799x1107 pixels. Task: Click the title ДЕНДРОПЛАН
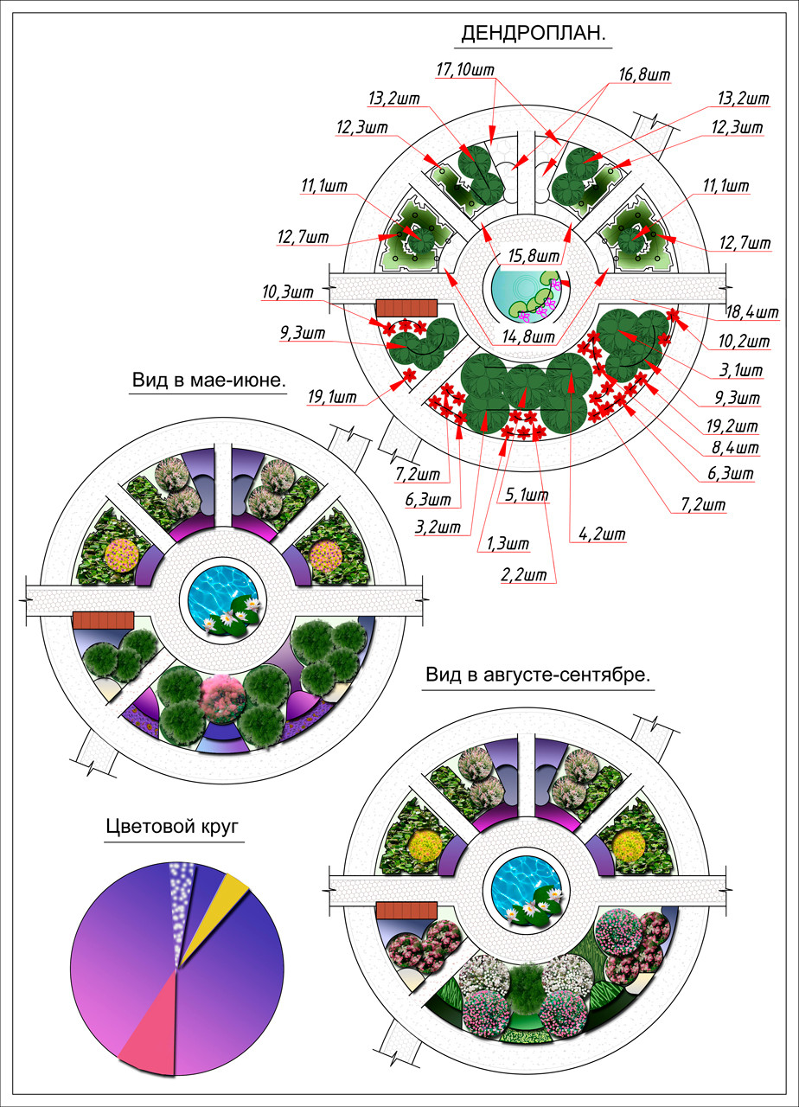coord(532,34)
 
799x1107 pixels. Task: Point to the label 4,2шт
coord(597,534)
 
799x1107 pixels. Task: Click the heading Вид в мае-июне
coord(208,381)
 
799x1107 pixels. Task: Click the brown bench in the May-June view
coord(103,619)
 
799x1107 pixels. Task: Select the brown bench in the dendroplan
coord(406,308)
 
